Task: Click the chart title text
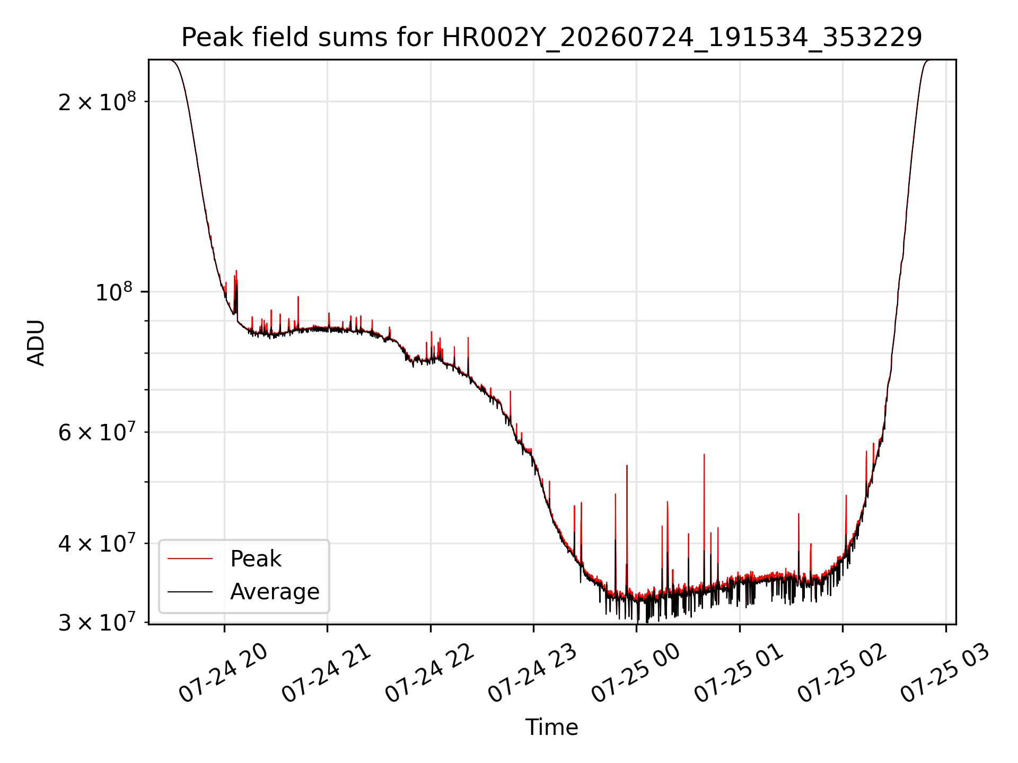pos(552,38)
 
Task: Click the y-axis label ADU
pos(36,342)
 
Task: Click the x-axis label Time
pos(552,727)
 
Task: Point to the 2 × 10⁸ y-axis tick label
pos(97,102)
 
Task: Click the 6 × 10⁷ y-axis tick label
pos(97,432)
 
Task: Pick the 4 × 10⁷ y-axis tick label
pos(97,544)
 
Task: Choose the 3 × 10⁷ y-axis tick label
pos(97,623)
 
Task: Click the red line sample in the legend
pos(190,558)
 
